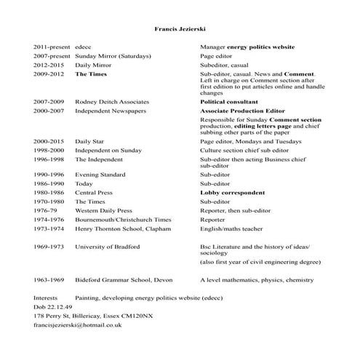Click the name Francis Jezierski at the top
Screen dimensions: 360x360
180,30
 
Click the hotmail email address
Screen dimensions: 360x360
77,325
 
